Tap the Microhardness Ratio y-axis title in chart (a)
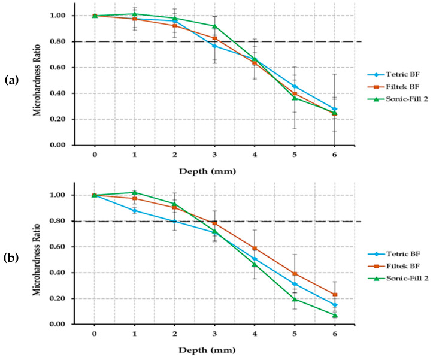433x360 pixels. (37, 79)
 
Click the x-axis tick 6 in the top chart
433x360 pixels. (335, 154)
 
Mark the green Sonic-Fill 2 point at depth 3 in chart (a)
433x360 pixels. (214, 26)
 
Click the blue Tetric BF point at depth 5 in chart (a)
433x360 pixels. (295, 86)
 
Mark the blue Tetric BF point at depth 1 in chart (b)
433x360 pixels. (134, 210)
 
